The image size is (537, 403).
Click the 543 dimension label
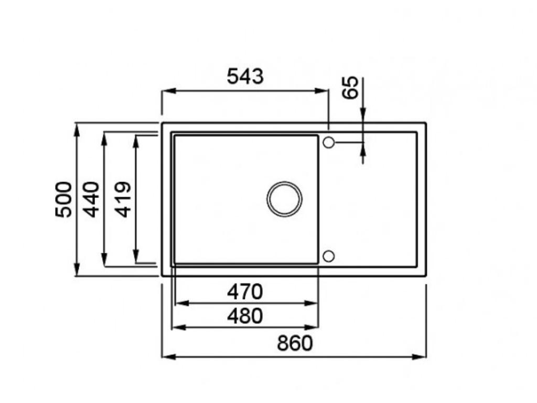(x=245, y=77)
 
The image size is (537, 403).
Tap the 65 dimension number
(x=351, y=88)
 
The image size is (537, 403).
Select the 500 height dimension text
(x=63, y=199)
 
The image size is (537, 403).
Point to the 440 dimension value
(x=91, y=199)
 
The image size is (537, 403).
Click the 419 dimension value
(x=123, y=199)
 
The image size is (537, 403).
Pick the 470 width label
(x=245, y=292)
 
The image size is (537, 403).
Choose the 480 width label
(x=245, y=316)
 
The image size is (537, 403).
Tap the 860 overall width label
(x=295, y=343)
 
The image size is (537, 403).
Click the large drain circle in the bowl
(x=284, y=199)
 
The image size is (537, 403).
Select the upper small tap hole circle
(x=328, y=142)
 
